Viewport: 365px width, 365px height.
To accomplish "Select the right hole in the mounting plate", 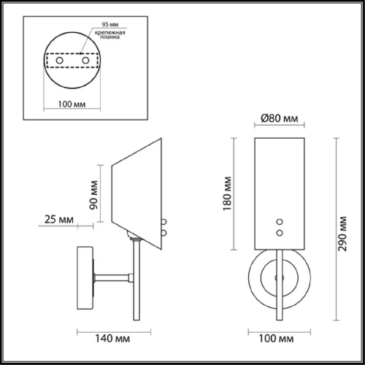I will click(x=85, y=60).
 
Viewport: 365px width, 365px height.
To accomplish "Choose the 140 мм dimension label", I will click(x=112, y=339).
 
